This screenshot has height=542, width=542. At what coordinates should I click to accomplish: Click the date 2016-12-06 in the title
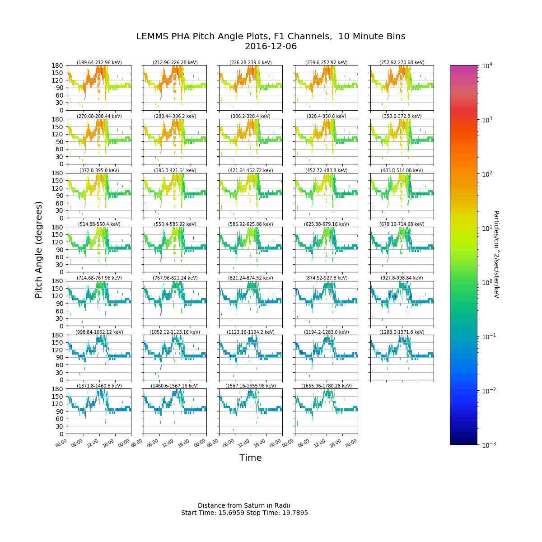tap(271, 47)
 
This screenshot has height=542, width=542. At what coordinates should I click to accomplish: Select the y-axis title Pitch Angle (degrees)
tap(39, 249)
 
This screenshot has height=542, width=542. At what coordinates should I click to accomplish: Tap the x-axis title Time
tap(250, 458)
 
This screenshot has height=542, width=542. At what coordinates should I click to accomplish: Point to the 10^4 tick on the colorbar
tap(486, 65)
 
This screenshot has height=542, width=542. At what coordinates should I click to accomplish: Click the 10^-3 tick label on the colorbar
tap(486, 444)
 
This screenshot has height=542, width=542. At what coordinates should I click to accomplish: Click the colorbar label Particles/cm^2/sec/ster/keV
tap(496, 254)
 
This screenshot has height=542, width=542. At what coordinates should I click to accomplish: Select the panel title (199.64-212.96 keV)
tap(99, 63)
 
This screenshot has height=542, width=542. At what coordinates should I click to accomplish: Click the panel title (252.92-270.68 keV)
tap(402, 63)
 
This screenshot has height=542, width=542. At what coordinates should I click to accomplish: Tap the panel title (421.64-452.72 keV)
tap(251, 171)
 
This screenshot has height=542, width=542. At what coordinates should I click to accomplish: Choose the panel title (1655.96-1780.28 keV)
tap(326, 386)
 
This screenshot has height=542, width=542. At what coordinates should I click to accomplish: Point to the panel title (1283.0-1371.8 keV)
tap(402, 332)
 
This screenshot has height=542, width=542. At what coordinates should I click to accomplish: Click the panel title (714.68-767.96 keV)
tap(99, 278)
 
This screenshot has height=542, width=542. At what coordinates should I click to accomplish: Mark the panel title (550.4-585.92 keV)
tap(175, 224)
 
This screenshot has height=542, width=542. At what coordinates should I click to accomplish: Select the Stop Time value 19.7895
tap(293, 513)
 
